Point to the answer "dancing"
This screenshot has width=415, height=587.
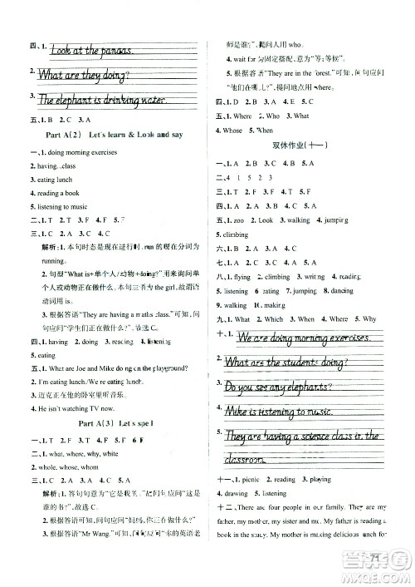(341, 291)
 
